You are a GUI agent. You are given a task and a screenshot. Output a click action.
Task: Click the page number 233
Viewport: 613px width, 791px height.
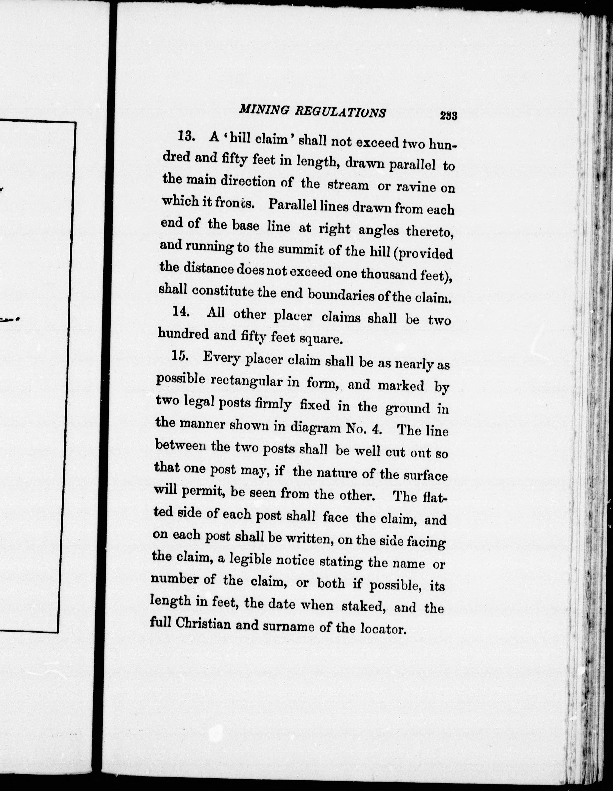tap(449, 116)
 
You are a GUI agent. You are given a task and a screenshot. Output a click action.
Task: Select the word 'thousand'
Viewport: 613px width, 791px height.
tap(388, 274)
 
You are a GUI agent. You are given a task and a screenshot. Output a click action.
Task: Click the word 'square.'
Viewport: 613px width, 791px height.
tap(322, 339)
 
